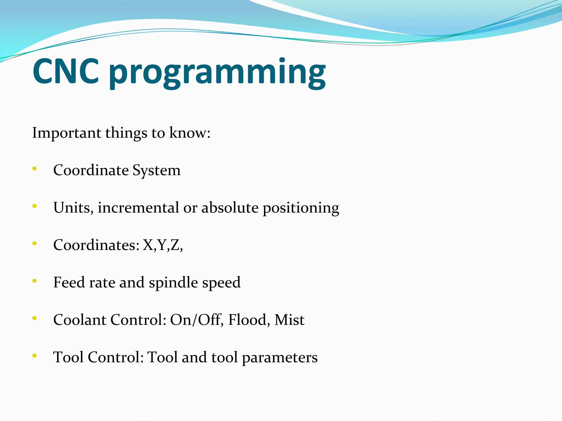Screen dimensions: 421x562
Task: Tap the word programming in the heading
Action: click(x=217, y=73)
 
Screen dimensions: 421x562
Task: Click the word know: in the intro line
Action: click(x=190, y=133)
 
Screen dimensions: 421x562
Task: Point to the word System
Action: click(x=156, y=171)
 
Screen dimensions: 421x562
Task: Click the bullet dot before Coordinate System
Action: click(x=34, y=169)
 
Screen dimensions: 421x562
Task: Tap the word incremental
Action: click(x=138, y=208)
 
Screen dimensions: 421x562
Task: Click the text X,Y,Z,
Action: click(x=162, y=245)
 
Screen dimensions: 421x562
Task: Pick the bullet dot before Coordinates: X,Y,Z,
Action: click(x=34, y=243)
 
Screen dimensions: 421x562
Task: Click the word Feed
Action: click(x=69, y=283)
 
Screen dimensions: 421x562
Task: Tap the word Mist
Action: click(x=289, y=320)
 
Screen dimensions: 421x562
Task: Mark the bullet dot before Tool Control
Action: click(x=34, y=356)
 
